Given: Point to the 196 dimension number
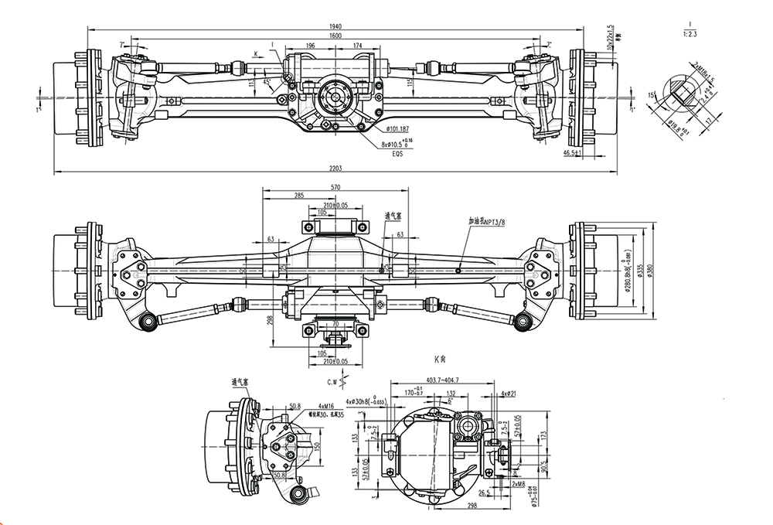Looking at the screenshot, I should click(310, 46).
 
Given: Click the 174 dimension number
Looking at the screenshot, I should click(358, 46).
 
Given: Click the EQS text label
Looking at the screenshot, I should click(397, 154).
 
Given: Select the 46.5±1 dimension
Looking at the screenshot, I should click(574, 154).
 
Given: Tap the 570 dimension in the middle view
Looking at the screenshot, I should click(335, 187).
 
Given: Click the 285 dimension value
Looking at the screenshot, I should click(298, 196).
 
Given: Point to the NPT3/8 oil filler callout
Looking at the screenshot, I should click(486, 223).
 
